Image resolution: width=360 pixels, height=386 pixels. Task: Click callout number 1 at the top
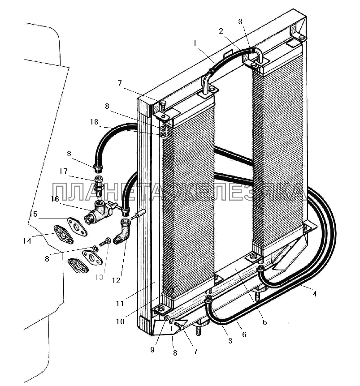(x=195, y=43)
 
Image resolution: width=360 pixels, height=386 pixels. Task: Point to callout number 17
(x=63, y=171)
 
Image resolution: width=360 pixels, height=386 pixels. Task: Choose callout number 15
(x=34, y=214)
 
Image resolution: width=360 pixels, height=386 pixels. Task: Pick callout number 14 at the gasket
(x=27, y=241)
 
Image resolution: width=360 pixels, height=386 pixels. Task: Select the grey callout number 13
(x=99, y=277)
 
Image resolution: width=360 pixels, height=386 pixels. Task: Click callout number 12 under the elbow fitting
(x=117, y=281)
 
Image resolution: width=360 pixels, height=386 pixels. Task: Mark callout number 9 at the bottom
(x=152, y=350)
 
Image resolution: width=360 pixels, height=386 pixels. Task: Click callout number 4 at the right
(x=314, y=294)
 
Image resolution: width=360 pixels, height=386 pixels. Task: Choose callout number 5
(x=265, y=322)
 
